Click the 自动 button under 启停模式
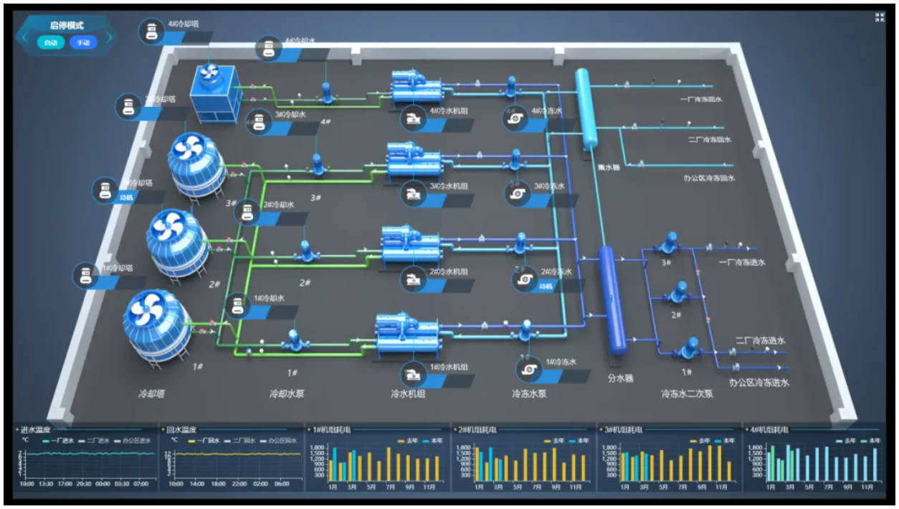point(50,43)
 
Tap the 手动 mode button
point(83,43)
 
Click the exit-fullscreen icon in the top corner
point(880,18)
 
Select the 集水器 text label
point(609,167)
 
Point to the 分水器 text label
point(620,378)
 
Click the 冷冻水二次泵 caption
point(687,393)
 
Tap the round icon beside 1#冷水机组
point(413,374)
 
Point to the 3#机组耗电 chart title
point(625,429)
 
